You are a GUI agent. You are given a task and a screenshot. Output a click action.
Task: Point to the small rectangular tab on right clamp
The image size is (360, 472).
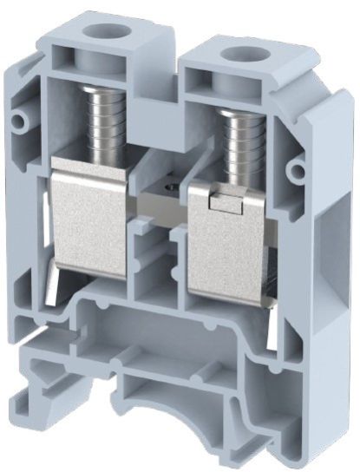pos(227,201)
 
